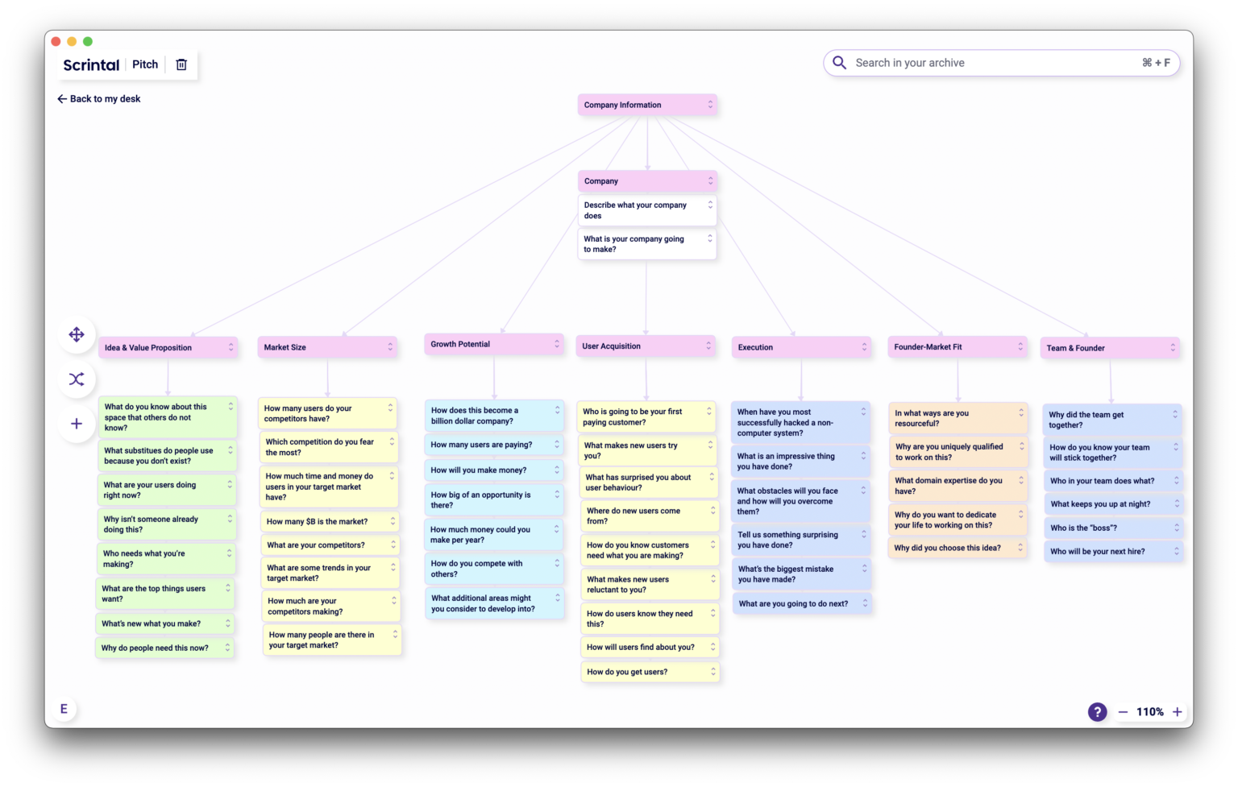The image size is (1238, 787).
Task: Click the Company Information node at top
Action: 637,105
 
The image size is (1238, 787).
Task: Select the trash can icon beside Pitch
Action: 181,64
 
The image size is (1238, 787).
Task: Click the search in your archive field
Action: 991,63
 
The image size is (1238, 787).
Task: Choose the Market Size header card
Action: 322,347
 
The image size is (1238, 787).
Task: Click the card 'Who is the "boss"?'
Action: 1104,528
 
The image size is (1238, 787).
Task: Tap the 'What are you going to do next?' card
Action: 794,603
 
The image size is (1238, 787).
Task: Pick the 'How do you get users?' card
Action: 641,672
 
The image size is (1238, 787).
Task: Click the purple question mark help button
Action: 1097,711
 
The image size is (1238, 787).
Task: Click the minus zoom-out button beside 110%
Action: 1123,712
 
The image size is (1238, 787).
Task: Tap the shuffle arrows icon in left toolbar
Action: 77,379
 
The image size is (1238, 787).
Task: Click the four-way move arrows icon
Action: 77,334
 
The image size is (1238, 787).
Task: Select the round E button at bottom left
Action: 64,709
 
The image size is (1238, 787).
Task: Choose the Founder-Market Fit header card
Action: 951,346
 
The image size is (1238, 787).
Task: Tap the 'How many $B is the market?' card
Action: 322,521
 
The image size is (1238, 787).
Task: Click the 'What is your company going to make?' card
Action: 641,244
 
